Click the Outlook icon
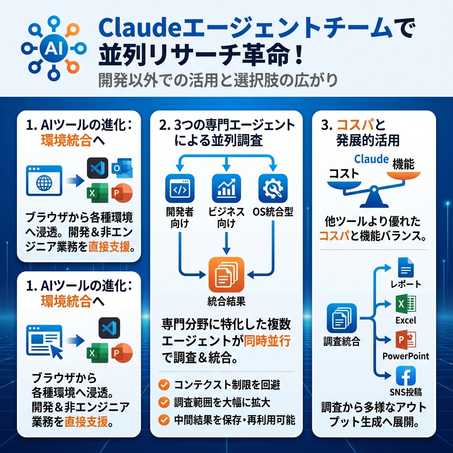point(122,169)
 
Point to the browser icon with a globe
point(44,180)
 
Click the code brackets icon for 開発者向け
point(179,188)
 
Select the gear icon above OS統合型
point(272,188)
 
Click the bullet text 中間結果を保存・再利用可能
point(234,419)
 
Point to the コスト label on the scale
point(343,173)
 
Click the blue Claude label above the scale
point(371,159)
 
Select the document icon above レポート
point(405,268)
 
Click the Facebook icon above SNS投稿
point(405,376)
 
